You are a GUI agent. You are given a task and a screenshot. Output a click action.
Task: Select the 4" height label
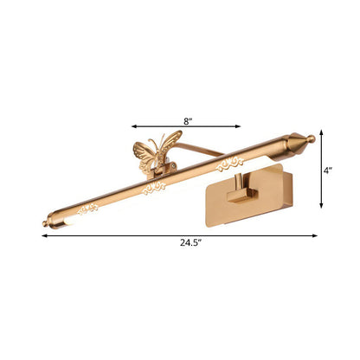[x=328, y=170]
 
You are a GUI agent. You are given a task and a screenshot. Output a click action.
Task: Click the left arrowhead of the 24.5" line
[x=43, y=234]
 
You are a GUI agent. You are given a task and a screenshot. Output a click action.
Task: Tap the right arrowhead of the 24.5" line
[x=314, y=234]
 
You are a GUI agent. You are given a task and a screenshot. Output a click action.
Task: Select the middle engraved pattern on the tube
[x=155, y=187]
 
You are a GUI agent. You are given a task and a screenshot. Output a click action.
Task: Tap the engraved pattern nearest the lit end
[x=87, y=209]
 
